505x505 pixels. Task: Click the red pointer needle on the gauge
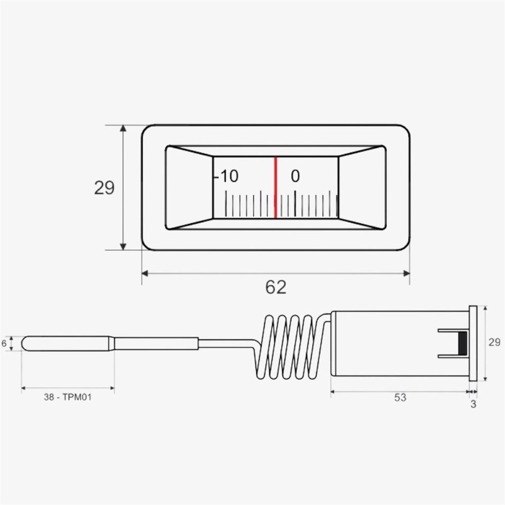275,187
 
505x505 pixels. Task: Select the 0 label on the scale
295,176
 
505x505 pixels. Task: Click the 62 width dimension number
276,287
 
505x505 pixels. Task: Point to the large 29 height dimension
104,188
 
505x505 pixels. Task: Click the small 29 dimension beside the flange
494,342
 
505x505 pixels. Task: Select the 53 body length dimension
400,398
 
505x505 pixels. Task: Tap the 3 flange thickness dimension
473,404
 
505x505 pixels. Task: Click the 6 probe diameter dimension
4,343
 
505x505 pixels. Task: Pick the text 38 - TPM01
68,397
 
